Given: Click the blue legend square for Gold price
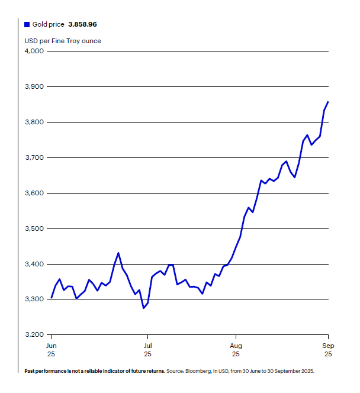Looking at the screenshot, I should pos(27,25).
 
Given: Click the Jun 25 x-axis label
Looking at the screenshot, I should pos(51,349).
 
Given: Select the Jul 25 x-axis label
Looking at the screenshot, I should pos(148,349).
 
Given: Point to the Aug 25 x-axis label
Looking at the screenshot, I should pos(236,349).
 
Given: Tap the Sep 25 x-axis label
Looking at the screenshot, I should pos(328,349).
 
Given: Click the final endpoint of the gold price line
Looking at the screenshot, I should pos(328,102).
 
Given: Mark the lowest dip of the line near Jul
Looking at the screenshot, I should pos(143,308).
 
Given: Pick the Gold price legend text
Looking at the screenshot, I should pos(48,25).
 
